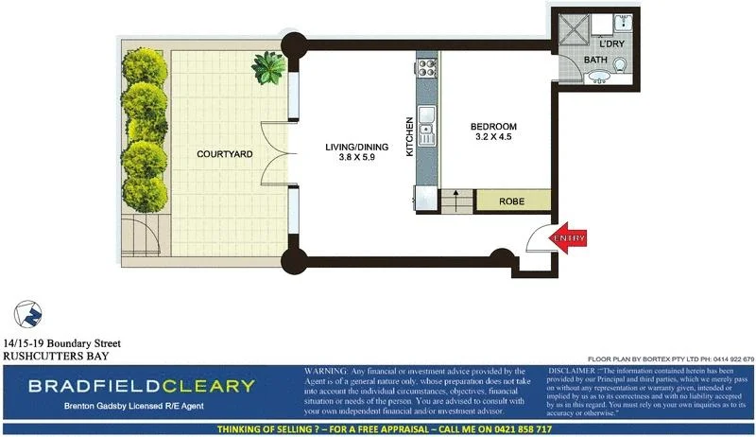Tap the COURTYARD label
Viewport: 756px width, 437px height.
224,154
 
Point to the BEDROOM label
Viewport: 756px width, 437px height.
493,127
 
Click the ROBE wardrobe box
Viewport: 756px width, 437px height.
511,201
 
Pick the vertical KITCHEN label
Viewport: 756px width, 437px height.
410,137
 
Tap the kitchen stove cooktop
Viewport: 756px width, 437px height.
427,67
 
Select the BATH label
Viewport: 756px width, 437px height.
595,60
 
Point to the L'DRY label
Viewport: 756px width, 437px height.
613,44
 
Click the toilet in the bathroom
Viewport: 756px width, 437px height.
621,63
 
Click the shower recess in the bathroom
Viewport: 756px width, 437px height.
573,31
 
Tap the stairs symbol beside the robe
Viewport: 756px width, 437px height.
455,201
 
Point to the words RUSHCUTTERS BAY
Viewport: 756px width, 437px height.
57,356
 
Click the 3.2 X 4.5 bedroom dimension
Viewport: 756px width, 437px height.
493,138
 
